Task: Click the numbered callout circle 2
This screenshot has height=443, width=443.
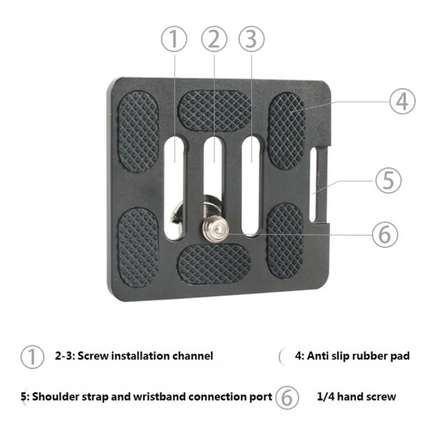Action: coord(214,39)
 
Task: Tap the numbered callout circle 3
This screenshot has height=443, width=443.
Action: coord(251,39)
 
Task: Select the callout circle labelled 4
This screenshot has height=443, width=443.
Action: coord(401,101)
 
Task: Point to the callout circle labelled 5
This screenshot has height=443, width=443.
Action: coord(388,181)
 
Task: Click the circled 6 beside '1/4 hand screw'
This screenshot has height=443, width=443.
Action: coord(287,397)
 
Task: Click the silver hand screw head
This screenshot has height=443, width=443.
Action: coord(213,226)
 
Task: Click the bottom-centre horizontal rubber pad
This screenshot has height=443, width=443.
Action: coord(214,264)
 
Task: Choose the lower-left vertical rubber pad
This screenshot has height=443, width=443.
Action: coord(138,246)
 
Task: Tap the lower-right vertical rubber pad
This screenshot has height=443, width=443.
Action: coord(285,240)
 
